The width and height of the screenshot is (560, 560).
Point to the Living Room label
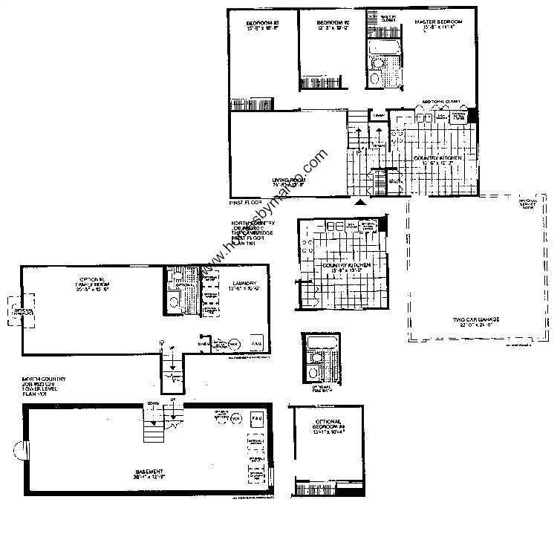tap(288, 180)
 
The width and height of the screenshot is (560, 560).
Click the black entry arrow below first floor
tap(362, 201)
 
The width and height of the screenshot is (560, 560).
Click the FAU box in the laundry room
tap(255, 344)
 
